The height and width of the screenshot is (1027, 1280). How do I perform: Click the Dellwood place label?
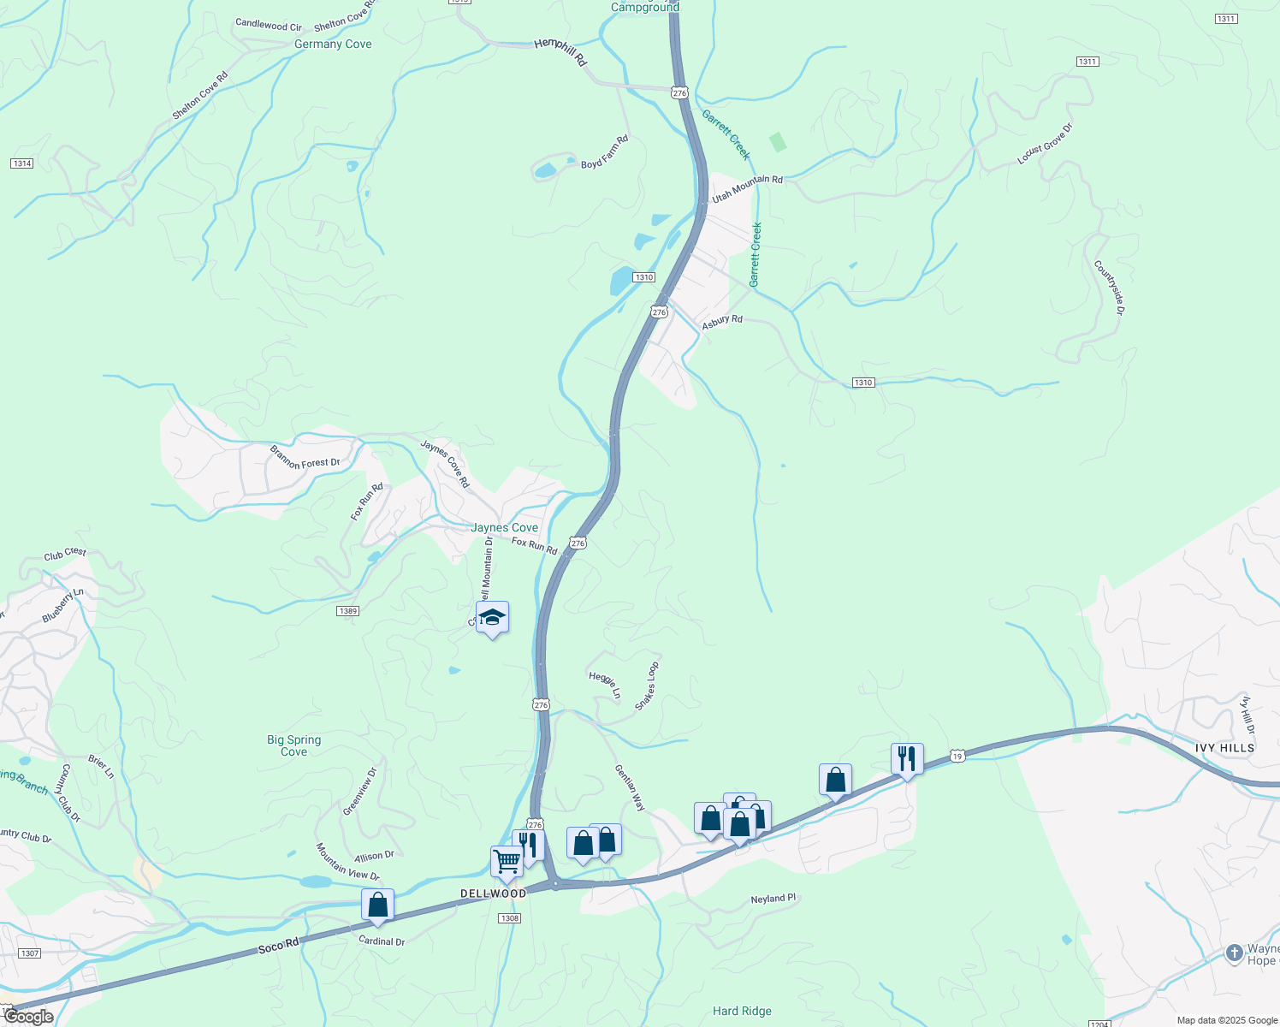pos(494,893)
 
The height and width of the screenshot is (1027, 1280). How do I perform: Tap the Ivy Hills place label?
pos(1224,748)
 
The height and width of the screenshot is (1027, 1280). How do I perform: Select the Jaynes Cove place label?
pos(504,528)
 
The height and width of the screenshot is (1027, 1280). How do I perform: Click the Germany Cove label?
pos(333,45)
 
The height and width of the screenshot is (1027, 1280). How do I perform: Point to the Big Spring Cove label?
pos(293,745)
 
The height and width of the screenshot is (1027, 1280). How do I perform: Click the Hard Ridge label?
pos(742,1011)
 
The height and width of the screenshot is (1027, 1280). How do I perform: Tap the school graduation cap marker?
pos(492,618)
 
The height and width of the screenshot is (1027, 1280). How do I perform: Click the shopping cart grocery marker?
pos(507,862)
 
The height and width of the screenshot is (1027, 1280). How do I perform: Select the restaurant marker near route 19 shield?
pos(907,759)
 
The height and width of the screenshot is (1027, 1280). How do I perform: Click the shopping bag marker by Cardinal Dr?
pos(377,905)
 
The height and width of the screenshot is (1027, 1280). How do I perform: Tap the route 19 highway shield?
pos(957,756)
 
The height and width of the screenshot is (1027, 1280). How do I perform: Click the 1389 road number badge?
pos(347,611)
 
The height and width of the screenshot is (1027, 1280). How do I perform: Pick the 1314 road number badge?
pos(22,163)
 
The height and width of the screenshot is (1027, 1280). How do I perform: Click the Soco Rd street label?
pos(279,945)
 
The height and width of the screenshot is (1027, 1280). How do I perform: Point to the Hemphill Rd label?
pos(560,52)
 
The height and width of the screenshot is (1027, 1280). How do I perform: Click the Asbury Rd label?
pos(722,322)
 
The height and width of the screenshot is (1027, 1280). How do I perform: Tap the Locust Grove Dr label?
pos(1044,144)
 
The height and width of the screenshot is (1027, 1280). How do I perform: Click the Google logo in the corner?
pos(27,1017)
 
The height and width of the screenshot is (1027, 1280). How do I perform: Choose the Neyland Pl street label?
pos(773,899)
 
